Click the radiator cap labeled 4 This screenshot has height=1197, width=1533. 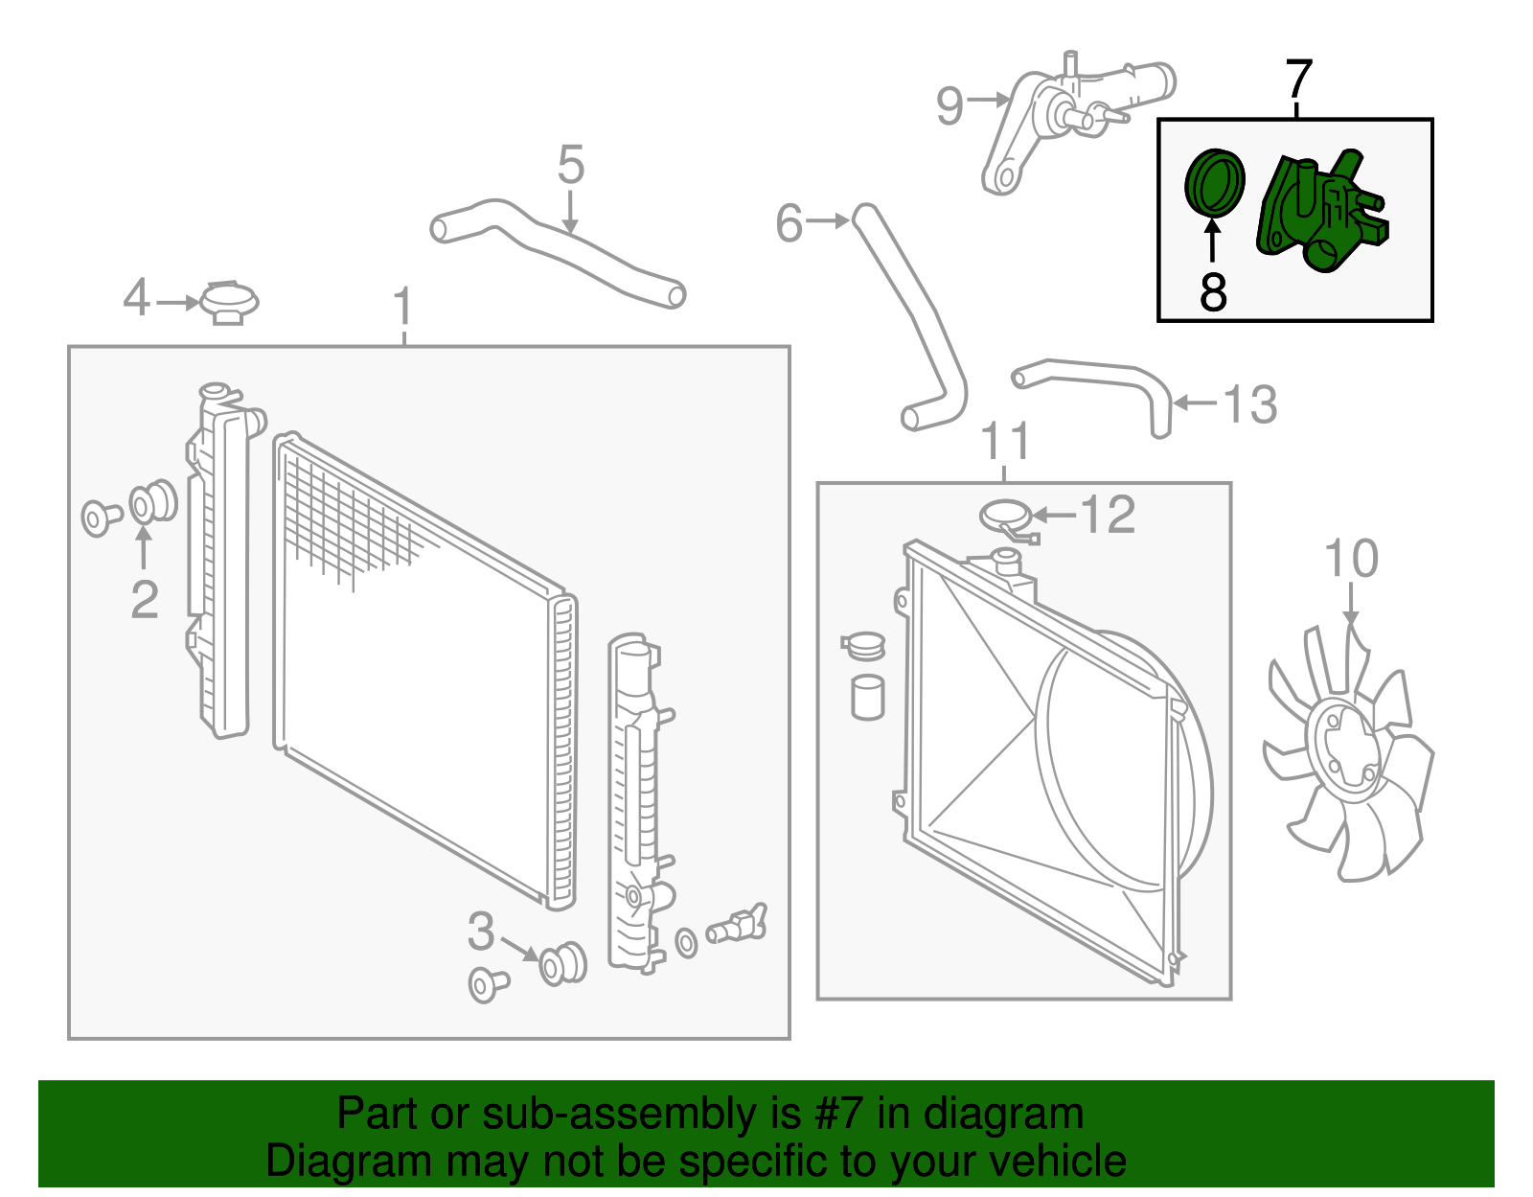pyautogui.click(x=229, y=302)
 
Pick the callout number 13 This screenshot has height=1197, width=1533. pyautogui.click(x=1250, y=404)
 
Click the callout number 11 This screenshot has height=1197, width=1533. pyautogui.click(x=1005, y=442)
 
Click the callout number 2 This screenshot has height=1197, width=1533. pyautogui.click(x=145, y=600)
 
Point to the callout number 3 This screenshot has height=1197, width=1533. pyautogui.click(x=481, y=931)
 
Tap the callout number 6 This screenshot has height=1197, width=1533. pyautogui.click(x=789, y=223)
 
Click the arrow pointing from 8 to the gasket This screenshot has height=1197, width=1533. pyautogui.click(x=1213, y=240)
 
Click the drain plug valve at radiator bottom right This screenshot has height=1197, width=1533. pyautogui.click(x=738, y=926)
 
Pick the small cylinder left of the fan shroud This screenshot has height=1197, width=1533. pyautogui.click(x=867, y=697)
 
